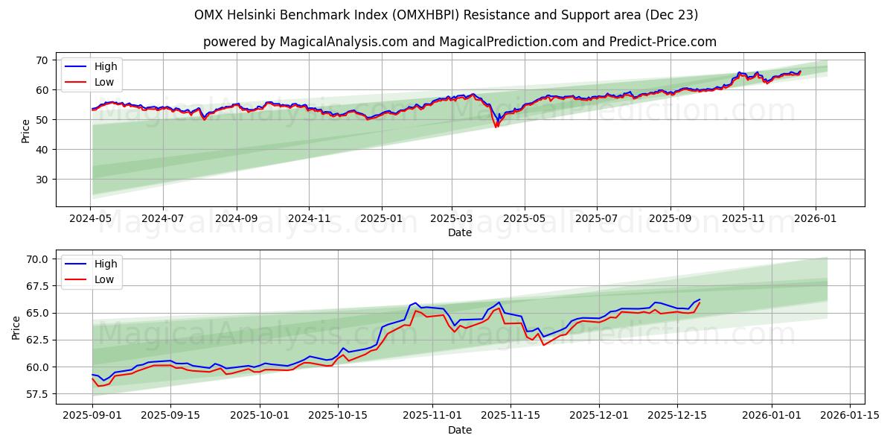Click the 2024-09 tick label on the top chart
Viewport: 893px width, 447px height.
point(237,218)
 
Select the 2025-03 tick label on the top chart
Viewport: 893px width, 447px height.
point(452,218)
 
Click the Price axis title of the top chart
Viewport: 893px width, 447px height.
point(26,131)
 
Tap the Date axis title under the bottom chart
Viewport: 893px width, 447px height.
point(459,430)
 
